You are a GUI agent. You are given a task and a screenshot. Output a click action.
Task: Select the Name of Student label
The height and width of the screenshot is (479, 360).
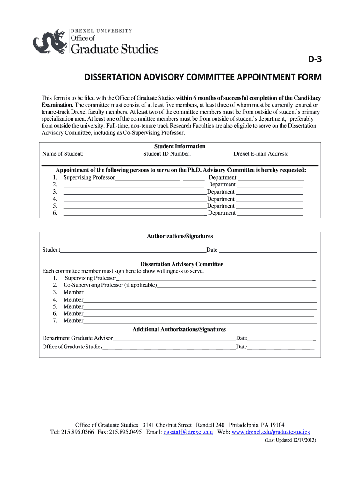coord(63,154)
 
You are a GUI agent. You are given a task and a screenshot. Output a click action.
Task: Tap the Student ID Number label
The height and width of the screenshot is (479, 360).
coord(167,154)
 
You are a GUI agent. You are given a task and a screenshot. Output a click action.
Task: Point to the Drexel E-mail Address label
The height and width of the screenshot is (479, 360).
coord(261,154)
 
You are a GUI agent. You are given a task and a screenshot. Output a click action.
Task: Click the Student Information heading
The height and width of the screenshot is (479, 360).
coord(180,146)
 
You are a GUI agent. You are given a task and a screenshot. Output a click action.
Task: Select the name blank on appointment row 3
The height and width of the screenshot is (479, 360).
coord(135,192)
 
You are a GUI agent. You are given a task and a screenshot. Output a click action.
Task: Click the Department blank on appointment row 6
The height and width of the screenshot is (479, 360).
coord(270,213)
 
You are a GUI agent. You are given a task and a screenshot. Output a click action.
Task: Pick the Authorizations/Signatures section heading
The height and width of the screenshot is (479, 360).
coord(180,236)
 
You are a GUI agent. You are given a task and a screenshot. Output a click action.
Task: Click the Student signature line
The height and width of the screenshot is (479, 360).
coord(133,250)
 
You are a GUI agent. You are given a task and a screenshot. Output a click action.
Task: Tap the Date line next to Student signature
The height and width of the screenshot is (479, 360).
coord(268,250)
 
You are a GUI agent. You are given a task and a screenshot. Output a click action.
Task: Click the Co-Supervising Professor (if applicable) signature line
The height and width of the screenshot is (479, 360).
coord(237,285)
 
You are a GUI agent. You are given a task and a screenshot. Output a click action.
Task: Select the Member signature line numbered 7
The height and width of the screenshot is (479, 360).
coord(200,321)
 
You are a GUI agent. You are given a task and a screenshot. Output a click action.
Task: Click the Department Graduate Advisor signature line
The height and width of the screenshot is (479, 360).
coord(174,338)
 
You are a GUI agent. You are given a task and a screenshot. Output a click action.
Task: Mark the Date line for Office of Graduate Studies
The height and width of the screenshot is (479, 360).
coord(281,347)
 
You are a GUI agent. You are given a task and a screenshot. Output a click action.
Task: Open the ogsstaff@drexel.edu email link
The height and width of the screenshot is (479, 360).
coord(188,432)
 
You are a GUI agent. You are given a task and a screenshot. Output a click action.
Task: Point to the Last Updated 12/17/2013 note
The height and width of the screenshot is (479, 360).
coord(290,440)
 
